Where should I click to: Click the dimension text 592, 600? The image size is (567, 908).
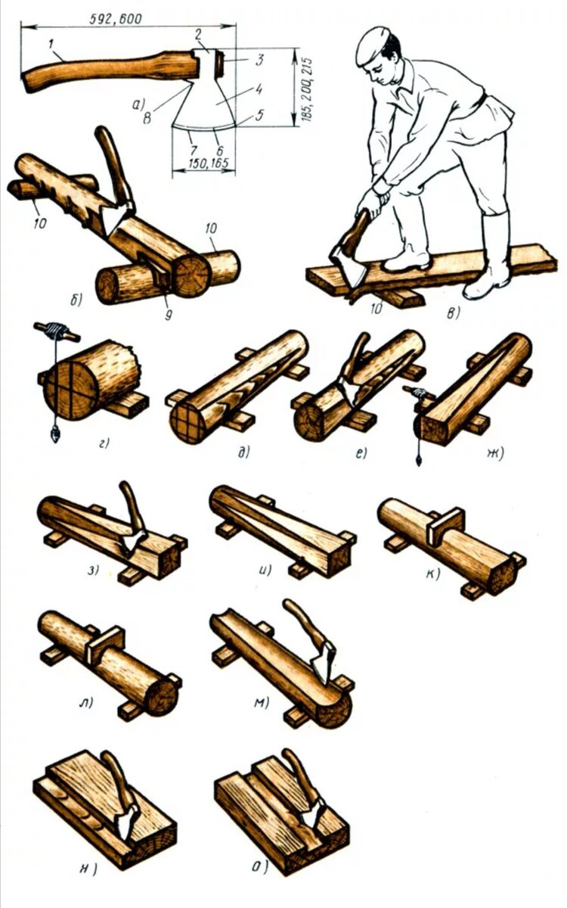tap(115, 18)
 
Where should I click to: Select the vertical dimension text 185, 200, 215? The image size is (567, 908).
tap(307, 86)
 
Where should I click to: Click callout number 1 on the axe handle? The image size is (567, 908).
tap(51, 45)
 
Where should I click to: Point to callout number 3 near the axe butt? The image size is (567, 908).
tap(259, 60)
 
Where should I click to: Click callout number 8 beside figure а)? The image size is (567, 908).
tap(147, 118)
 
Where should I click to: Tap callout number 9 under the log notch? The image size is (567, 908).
tap(168, 315)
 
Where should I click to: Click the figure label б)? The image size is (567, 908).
tap(76, 300)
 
